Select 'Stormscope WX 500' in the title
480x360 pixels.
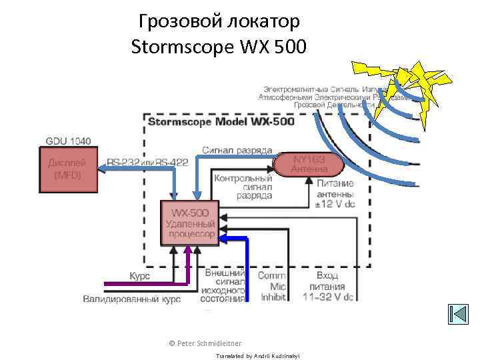point(219,47)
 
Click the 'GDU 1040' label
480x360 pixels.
point(69,141)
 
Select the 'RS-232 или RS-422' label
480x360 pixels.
point(147,163)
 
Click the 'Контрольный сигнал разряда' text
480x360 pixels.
point(243,187)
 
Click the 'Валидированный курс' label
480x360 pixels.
point(131,299)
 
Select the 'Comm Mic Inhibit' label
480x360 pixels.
point(272,285)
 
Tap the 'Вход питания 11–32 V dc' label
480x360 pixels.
point(327,285)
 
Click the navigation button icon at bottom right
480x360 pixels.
point(459,314)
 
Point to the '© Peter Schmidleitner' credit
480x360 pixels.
point(205,343)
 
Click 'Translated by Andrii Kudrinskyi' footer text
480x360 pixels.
point(258,356)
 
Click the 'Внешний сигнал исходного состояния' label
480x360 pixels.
point(224,287)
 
